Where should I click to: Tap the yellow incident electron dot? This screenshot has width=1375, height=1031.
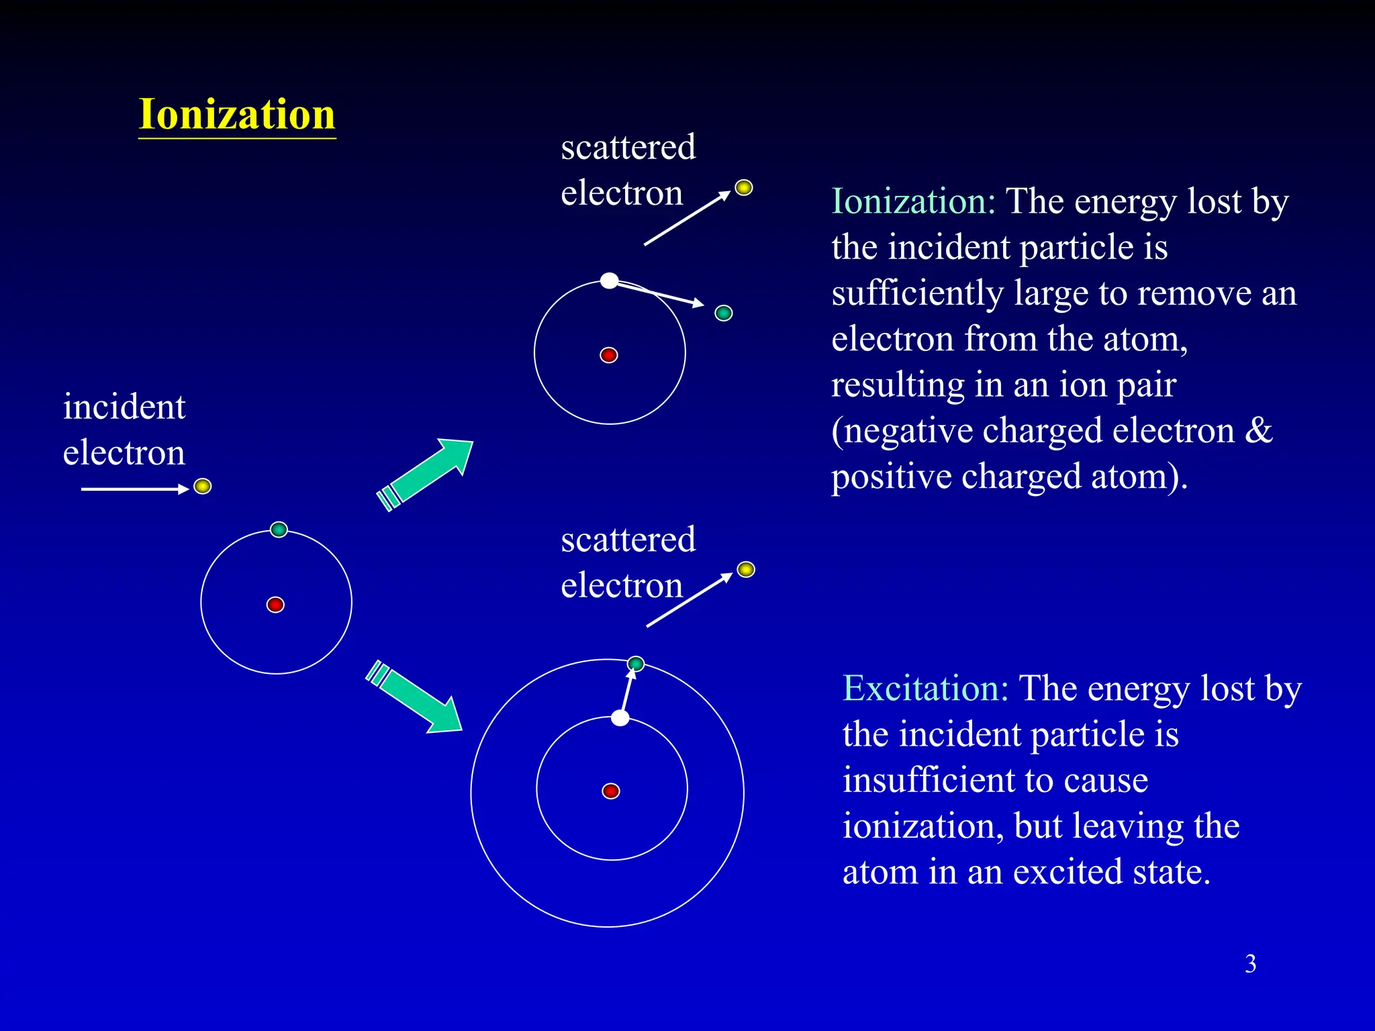click(x=202, y=486)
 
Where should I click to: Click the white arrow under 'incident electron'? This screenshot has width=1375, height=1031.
click(x=134, y=489)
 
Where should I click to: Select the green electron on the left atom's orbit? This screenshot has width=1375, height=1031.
click(x=279, y=530)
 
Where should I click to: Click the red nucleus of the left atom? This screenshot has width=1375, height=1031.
click(x=275, y=605)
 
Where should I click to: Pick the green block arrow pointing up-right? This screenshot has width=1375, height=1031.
click(x=427, y=473)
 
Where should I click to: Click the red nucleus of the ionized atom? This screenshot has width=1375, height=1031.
click(x=609, y=355)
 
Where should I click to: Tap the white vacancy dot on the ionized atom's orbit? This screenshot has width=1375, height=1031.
click(x=609, y=281)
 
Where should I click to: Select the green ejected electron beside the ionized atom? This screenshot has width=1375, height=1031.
click(x=723, y=313)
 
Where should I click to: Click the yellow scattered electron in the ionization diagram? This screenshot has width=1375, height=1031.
click(x=743, y=187)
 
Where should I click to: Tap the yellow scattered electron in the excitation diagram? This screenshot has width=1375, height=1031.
click(x=746, y=570)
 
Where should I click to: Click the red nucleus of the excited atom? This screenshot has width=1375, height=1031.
click(x=611, y=791)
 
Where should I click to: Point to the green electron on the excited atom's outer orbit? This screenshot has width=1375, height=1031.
click(x=635, y=664)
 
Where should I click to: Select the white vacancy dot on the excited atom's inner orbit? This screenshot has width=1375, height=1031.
click(x=620, y=718)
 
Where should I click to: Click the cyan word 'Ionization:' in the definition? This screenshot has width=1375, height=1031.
click(x=913, y=201)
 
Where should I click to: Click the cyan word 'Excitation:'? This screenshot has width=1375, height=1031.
click(x=925, y=689)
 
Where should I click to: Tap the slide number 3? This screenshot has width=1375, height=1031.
click(x=1250, y=964)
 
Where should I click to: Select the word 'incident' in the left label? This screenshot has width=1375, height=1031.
click(x=124, y=407)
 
